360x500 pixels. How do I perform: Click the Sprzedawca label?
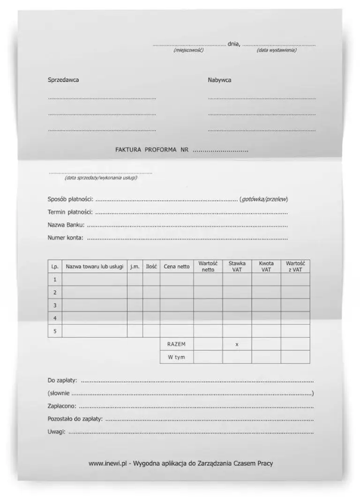click(x=63, y=80)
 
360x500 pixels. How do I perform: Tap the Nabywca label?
click(x=219, y=80)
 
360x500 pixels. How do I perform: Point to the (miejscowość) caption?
click(x=188, y=50)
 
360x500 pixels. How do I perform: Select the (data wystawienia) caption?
click(x=277, y=50)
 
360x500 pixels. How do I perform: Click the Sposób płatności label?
click(x=70, y=199)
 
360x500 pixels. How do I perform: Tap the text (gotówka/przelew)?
click(x=264, y=199)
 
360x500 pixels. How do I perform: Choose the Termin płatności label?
click(x=70, y=212)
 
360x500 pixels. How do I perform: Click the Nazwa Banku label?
click(x=66, y=225)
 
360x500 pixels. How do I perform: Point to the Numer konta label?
click(x=66, y=238)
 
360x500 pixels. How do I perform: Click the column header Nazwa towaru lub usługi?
click(x=95, y=267)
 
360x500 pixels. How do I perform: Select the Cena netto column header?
click(x=177, y=267)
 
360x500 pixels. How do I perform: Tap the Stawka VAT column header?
click(x=237, y=267)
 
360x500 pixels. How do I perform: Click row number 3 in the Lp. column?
click(x=55, y=305)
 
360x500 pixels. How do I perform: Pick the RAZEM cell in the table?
click(x=176, y=344)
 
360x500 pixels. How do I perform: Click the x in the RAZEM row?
click(x=237, y=344)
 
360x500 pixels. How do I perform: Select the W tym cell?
click(x=176, y=357)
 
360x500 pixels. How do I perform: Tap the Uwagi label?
click(x=56, y=432)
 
